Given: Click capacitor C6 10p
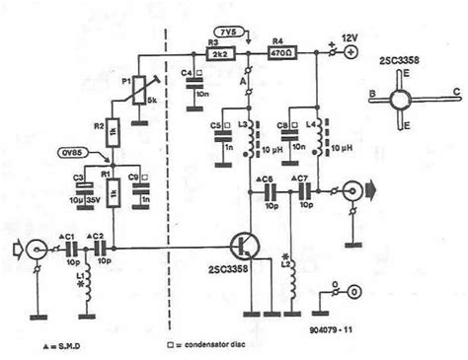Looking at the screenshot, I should coord(266,193).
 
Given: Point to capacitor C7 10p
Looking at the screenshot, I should coord(301,193).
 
